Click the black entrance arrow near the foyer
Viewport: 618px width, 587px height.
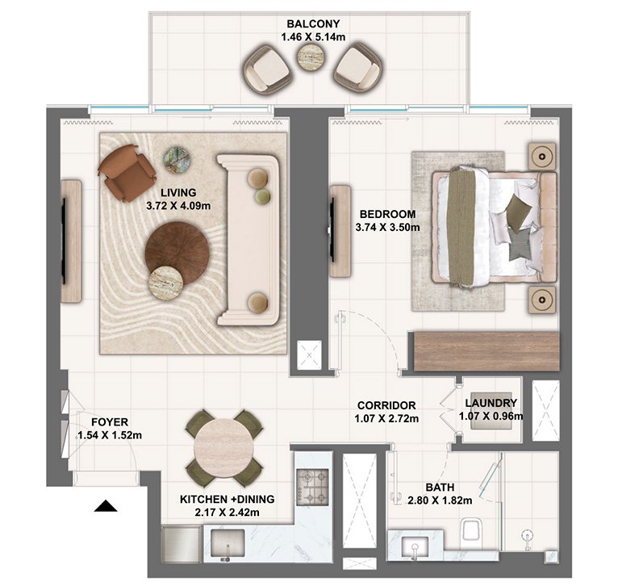pyautogui.click(x=106, y=506)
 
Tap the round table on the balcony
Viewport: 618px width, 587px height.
pyautogui.click(x=307, y=57)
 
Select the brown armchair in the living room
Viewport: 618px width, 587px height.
pyautogui.click(x=126, y=172)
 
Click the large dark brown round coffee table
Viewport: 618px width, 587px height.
pyautogui.click(x=177, y=253)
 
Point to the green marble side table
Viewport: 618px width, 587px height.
pyautogui.click(x=177, y=160)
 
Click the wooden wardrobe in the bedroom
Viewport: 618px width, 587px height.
pyautogui.click(x=485, y=350)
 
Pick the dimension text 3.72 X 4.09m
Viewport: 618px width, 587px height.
pyautogui.click(x=178, y=205)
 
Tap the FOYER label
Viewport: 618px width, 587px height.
pyautogui.click(x=109, y=421)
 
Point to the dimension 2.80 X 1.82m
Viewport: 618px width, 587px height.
pyautogui.click(x=439, y=501)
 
